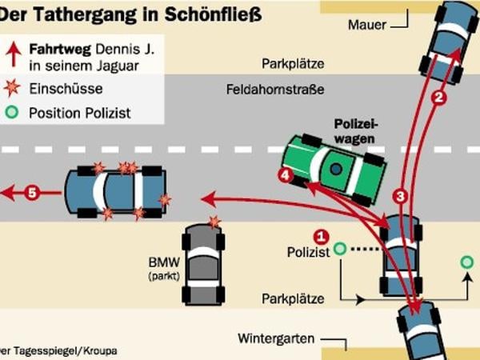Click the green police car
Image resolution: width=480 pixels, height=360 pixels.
coord(335,166)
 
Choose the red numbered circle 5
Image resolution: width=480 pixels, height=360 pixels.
coord(31,192)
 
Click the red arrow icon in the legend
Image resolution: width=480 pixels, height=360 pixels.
coord(13,53)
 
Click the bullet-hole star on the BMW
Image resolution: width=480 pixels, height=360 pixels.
coord(214,222)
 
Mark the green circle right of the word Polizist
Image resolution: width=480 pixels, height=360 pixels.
coord(339,250)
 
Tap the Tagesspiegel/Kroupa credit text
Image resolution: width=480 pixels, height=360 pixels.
coord(50,350)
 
